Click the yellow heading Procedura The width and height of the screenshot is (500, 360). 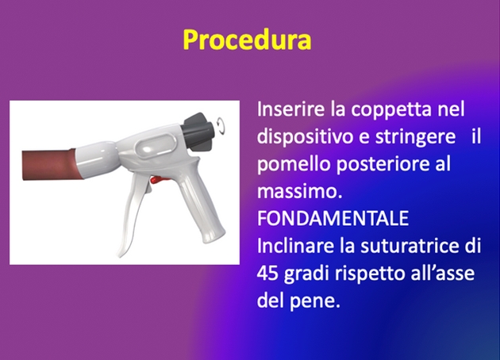click(x=247, y=40)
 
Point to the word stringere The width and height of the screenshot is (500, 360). click(x=416, y=138)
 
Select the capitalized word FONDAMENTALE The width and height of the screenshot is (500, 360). click(x=333, y=219)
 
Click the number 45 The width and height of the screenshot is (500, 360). click(x=267, y=274)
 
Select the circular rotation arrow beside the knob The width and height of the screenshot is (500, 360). click(x=221, y=124)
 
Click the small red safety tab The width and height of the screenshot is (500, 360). click(x=157, y=180)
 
